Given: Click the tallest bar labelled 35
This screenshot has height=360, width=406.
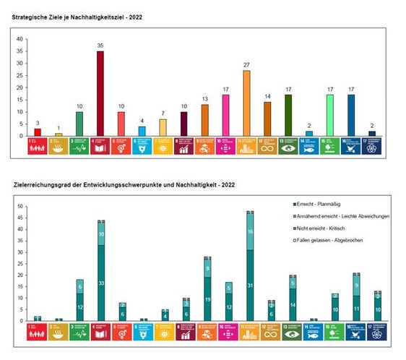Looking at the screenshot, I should (x=100, y=93).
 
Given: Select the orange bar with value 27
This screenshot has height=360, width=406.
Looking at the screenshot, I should (x=246, y=103).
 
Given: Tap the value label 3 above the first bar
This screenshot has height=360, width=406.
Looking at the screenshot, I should (x=38, y=124).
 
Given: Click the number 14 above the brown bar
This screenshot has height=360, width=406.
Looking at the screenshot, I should (x=267, y=96).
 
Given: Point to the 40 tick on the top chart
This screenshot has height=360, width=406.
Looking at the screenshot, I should (x=20, y=39).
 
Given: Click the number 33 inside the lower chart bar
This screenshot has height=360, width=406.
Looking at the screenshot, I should (x=101, y=283).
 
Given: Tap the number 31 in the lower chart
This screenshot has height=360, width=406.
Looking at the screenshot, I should (x=250, y=286).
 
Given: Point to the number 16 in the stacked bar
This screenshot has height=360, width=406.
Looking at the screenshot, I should (x=250, y=232).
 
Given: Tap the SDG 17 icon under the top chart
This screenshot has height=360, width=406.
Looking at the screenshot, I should (x=372, y=147).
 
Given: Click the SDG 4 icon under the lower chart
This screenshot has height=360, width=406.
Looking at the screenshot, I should (x=101, y=331).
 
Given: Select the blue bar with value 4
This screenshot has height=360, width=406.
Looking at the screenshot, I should (x=142, y=131).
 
